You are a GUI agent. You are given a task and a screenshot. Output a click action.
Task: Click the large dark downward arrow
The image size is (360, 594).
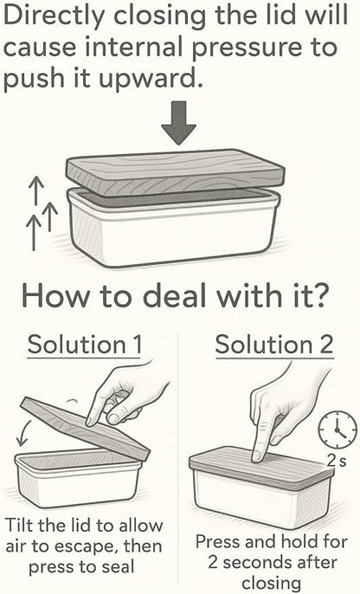point(178,122)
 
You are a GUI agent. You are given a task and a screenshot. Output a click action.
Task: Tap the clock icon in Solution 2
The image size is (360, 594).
point(337,430)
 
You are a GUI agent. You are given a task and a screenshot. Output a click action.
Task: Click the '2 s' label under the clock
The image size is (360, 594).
point(336,461)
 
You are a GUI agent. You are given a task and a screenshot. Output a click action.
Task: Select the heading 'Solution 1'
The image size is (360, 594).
point(85,345)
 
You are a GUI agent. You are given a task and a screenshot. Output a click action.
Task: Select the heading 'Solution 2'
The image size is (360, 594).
point(274,345)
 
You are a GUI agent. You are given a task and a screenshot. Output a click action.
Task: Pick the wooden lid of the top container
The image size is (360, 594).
point(176,172)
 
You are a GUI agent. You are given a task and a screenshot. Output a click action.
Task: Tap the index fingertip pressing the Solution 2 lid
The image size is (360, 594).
point(257,455)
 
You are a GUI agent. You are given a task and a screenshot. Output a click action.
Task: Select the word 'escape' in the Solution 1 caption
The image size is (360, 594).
point(100,547)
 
